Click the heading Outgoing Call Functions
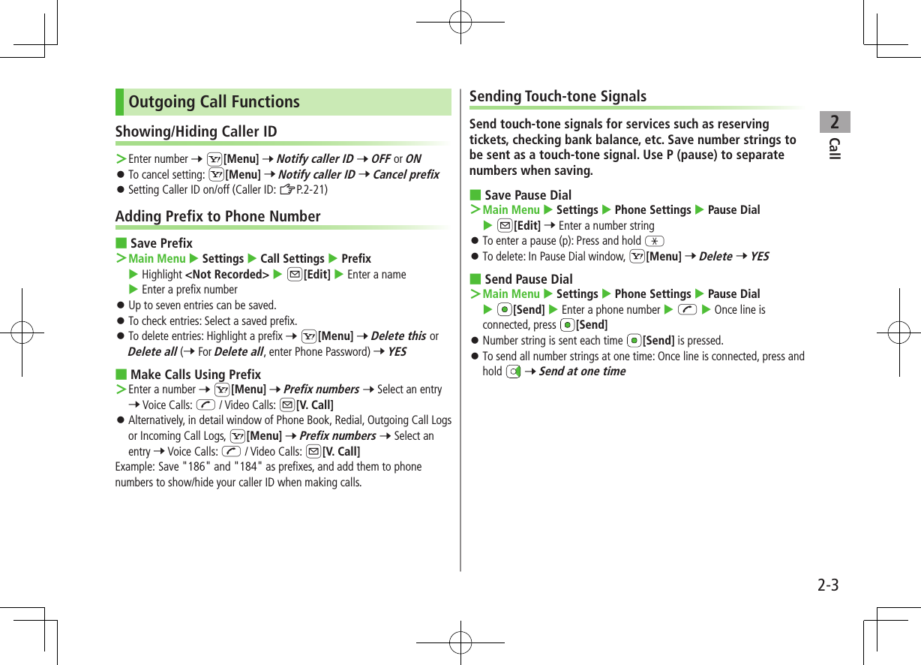click(x=214, y=102)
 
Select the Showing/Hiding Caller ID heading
click(x=196, y=132)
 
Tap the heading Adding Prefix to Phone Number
click(x=217, y=217)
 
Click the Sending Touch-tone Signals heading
click(x=557, y=97)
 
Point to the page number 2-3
click(x=828, y=585)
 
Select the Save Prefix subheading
click(x=161, y=243)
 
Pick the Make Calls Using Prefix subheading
click(x=196, y=375)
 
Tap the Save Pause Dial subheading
click(x=528, y=195)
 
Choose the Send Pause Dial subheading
click(x=529, y=279)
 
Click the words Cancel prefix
click(x=406, y=175)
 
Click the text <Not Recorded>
click(x=226, y=275)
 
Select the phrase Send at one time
click(x=582, y=372)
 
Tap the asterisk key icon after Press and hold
click(x=654, y=241)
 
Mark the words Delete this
click(x=398, y=336)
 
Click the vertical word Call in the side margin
click(x=835, y=149)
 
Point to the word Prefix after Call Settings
click(x=356, y=259)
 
